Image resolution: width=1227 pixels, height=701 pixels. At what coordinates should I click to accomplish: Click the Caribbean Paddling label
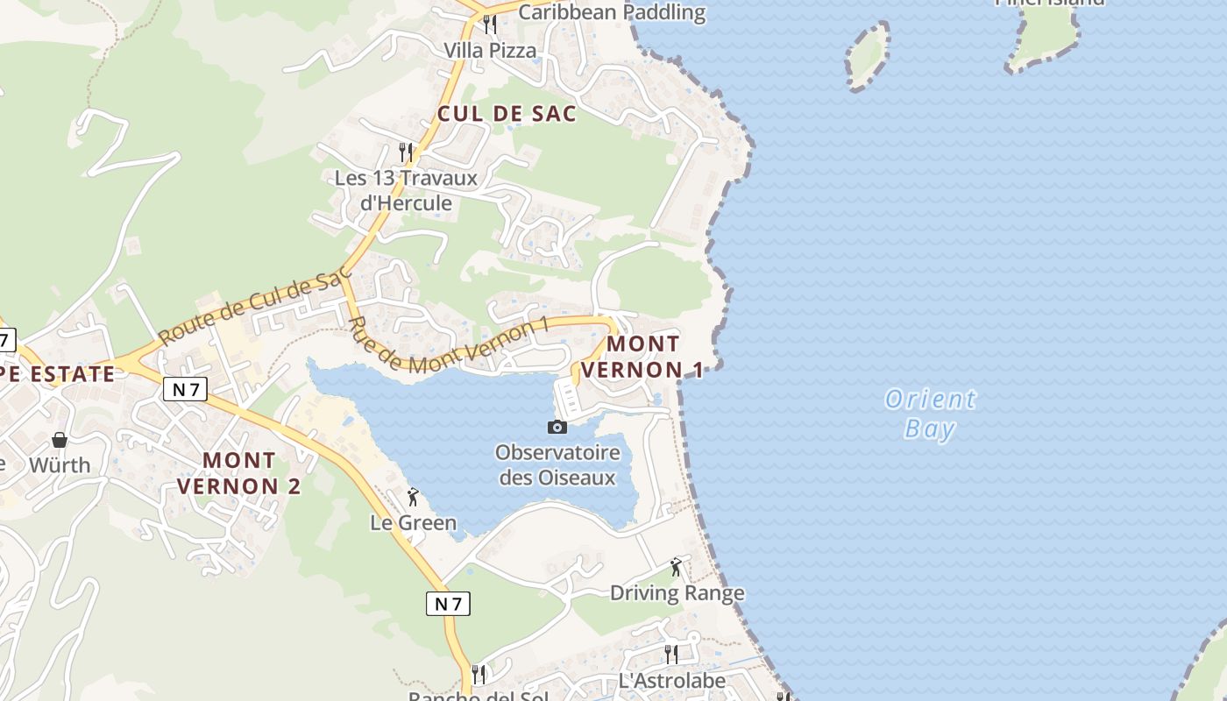612,12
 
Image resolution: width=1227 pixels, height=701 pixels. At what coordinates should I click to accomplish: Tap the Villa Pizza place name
490,50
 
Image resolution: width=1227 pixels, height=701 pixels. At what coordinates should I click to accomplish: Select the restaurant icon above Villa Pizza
490,25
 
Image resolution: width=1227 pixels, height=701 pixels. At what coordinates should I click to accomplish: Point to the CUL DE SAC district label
507,113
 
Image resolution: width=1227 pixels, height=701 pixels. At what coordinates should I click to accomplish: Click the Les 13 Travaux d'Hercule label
406,190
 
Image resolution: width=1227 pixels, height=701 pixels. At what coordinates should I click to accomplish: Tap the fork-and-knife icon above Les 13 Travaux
406,152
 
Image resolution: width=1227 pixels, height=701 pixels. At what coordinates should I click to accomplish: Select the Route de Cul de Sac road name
254,308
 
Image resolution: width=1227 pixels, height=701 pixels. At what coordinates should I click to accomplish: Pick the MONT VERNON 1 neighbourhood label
642,357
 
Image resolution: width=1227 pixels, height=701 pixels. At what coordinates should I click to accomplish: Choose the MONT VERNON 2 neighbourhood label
239,472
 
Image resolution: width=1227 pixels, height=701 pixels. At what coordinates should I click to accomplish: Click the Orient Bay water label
930,414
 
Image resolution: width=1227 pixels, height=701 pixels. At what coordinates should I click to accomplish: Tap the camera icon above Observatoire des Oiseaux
557,428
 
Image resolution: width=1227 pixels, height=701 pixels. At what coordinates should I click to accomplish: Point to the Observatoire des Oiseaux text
557,465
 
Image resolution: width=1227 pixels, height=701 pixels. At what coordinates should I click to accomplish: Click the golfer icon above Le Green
413,498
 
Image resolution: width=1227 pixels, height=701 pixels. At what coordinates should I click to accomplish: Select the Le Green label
414,523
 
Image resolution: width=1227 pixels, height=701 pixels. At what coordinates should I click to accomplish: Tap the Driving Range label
677,593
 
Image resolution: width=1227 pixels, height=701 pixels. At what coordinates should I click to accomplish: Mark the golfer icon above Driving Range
676,567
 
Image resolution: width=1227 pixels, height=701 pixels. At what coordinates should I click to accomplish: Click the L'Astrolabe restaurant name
672,681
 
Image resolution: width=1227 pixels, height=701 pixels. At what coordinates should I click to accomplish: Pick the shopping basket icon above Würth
60,439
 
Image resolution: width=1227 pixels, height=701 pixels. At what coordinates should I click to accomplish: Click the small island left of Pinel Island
868,54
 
